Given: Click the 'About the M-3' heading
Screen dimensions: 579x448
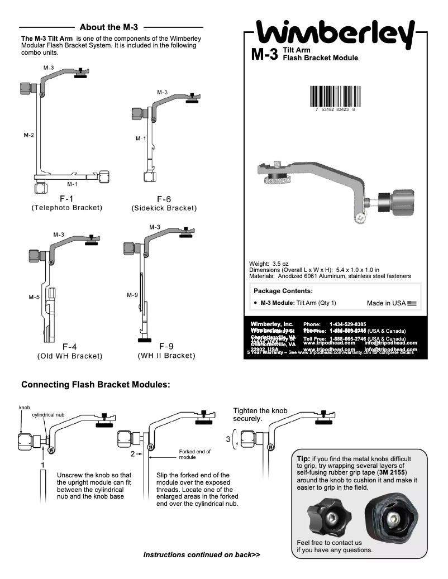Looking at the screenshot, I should (x=109, y=27).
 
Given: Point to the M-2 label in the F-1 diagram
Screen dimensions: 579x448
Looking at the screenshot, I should (x=28, y=135).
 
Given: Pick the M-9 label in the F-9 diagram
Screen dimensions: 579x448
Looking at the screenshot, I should (x=132, y=294).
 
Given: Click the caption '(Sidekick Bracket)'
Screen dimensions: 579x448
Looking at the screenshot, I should (x=164, y=208).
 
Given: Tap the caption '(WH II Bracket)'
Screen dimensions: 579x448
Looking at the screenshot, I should (x=166, y=356).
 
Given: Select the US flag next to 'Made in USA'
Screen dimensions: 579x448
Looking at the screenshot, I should (x=412, y=303).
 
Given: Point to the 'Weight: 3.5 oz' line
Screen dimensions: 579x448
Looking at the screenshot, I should (x=272, y=264).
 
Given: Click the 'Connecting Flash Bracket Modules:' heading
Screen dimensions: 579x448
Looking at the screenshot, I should (x=95, y=385).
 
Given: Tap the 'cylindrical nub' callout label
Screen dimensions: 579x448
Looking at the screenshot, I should (x=49, y=415).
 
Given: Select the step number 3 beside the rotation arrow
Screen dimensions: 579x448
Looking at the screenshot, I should (x=228, y=439).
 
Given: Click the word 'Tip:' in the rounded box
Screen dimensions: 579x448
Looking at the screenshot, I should (x=304, y=458).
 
